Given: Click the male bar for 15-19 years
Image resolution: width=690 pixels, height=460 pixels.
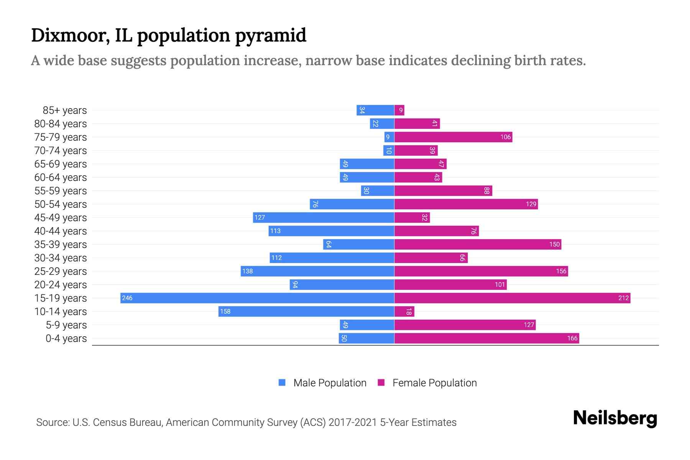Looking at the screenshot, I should point(257,298).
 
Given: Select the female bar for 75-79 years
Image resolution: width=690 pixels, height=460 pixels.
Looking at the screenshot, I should point(453,137).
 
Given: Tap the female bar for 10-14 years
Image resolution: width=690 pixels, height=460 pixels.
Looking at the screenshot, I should point(404,311).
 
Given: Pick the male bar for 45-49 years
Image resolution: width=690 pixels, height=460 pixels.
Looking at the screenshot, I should point(324,217).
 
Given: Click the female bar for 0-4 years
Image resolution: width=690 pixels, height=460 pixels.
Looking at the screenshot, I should point(486,338).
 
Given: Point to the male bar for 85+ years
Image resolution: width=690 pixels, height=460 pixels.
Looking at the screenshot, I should point(375,110).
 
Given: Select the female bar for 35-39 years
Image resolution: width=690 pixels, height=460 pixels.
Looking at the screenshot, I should point(478,244).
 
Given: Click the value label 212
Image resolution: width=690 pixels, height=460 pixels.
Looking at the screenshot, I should point(623,298).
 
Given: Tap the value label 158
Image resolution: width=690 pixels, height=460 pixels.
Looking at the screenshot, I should point(225,311).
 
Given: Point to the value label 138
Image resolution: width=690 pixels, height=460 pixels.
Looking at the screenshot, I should point(248,271).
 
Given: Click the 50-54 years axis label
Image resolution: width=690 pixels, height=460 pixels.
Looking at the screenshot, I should point(61,204).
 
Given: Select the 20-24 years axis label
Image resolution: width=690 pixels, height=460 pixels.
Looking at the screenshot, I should point(61,285).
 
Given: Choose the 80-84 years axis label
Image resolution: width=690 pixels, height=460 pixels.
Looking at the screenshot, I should point(61,124).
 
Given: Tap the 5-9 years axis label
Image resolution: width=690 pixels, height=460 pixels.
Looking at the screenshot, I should point(66,325).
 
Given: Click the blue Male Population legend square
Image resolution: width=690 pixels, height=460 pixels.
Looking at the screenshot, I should point(282,383).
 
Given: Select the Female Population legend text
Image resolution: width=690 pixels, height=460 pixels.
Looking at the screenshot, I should point(434,383).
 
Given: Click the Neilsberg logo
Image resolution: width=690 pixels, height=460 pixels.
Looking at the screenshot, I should point(615,418).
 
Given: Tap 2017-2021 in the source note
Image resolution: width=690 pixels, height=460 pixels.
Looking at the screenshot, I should point(352,422).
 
